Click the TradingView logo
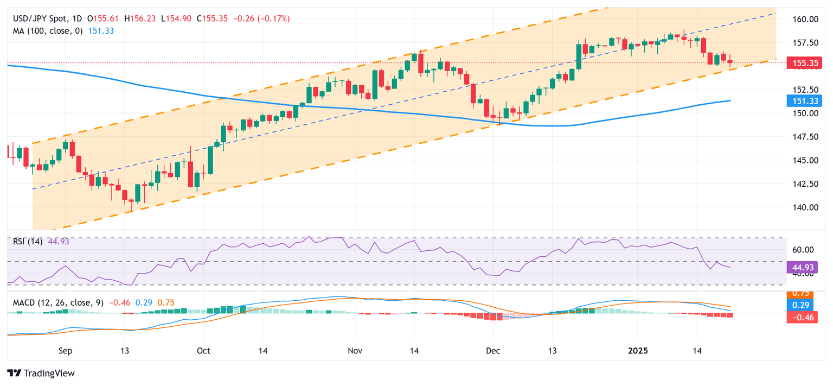41,373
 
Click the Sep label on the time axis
65,351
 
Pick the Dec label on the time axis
493,351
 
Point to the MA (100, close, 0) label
48,31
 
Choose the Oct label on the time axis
203,351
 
